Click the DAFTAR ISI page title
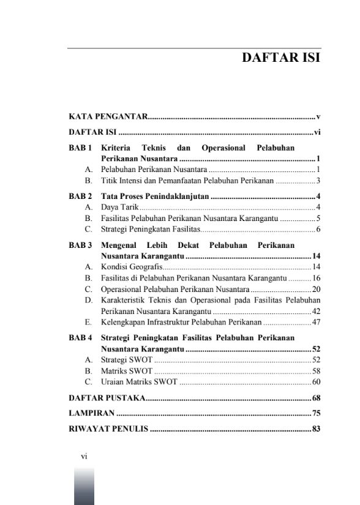point(282,59)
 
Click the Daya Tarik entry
point(115,208)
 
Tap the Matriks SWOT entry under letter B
point(127,371)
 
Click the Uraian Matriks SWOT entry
point(139,382)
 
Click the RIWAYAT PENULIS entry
point(108,429)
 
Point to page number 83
point(317,429)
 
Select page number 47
point(317,321)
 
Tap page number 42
point(317,311)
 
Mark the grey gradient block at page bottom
point(84,487)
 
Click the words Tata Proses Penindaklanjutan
point(156,196)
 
